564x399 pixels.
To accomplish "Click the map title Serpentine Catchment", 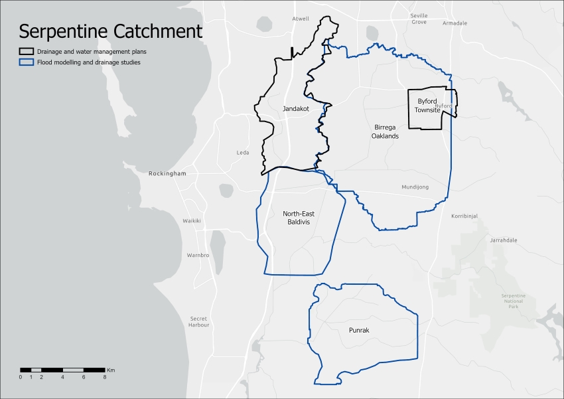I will point(110,31).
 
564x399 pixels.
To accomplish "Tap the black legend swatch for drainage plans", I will point(27,51).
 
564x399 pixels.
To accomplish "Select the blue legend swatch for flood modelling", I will point(27,62).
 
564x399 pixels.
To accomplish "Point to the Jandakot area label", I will point(296,108).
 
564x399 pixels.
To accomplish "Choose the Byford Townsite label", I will point(428,106).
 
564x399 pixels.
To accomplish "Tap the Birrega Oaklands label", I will point(385,131).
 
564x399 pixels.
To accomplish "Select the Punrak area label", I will point(358,329).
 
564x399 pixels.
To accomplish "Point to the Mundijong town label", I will point(415,187).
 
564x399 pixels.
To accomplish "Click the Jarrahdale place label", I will point(503,240).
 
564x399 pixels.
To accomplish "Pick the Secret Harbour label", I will point(199,322).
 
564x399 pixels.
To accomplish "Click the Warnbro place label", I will point(198,255).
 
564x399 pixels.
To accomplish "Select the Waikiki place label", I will point(192,220).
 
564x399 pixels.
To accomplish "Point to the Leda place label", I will point(243,153).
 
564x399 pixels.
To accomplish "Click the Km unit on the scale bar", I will point(111,369).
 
